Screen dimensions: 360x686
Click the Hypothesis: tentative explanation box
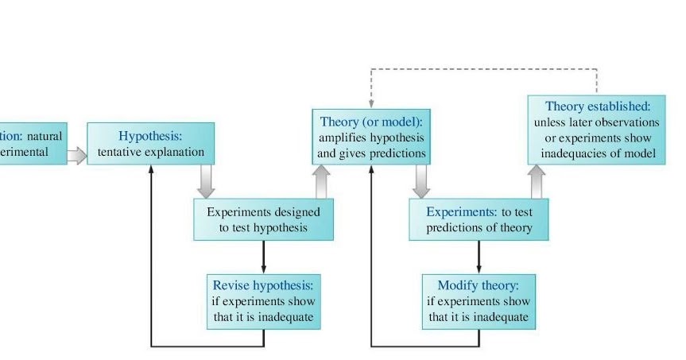[150, 143]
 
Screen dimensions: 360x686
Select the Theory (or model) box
[370, 137]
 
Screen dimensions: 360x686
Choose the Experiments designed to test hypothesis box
[263, 219]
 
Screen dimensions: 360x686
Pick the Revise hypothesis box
[263, 301]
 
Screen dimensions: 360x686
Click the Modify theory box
[479, 301]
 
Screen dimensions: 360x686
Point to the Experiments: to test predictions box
[479, 219]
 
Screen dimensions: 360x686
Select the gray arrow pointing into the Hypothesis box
[76, 155]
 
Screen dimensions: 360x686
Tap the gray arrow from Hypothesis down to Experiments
[206, 181]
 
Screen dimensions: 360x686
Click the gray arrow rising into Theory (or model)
[321, 182]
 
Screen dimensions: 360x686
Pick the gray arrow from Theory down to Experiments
[421, 182]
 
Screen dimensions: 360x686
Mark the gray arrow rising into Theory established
[537, 182]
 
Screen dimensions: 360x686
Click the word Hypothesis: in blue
[150, 136]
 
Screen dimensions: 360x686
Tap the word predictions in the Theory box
[400, 153]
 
